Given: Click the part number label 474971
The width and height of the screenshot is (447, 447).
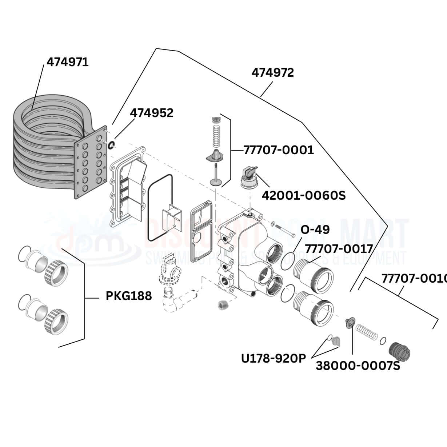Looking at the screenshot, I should pos(68,62).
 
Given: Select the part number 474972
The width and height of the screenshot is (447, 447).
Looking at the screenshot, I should pos(272,73).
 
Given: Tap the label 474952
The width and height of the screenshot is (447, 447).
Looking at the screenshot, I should pos(152,113).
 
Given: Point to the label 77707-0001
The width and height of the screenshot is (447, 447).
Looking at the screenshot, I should pos(278,150).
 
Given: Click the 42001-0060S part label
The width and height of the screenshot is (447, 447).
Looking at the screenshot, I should pos(304,195).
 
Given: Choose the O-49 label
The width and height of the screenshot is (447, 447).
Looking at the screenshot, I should pos(315,230).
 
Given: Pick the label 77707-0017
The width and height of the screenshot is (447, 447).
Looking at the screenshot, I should pos(339,249).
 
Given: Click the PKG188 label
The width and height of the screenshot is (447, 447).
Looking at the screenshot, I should pos(128,296).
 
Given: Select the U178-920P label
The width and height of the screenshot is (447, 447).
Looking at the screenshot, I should pos(274,358).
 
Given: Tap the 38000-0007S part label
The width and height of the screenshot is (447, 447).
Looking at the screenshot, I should pos(358,366).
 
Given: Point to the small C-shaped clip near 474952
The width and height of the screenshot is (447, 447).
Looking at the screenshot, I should pos(112,145).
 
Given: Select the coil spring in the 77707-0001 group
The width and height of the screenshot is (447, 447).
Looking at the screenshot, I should pos(216,135).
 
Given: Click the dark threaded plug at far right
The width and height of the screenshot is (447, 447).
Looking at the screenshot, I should pos(400,351).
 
